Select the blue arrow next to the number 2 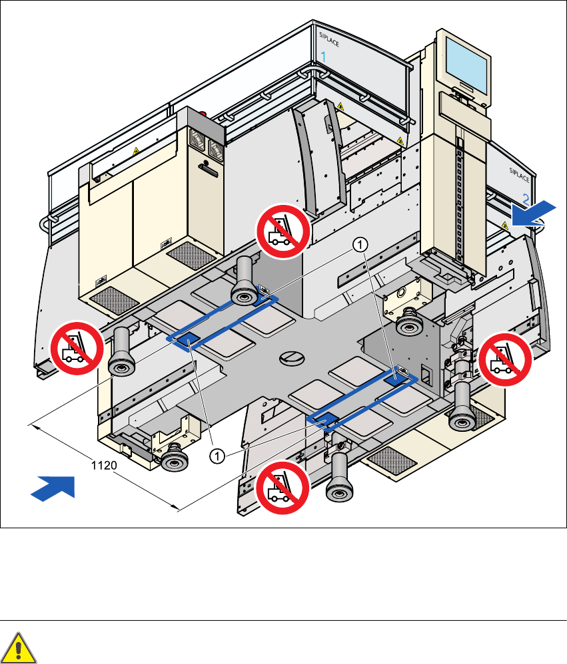coord(534,212)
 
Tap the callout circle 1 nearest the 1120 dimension coord(216,455)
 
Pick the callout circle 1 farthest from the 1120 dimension coord(359,246)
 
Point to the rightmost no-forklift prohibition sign coord(506,359)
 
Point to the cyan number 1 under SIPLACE coord(324,58)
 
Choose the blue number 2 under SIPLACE coord(526,198)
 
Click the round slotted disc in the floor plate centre coord(290,357)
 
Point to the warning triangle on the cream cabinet coord(136,152)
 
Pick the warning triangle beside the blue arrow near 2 coord(505,226)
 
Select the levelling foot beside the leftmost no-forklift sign coord(120,353)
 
